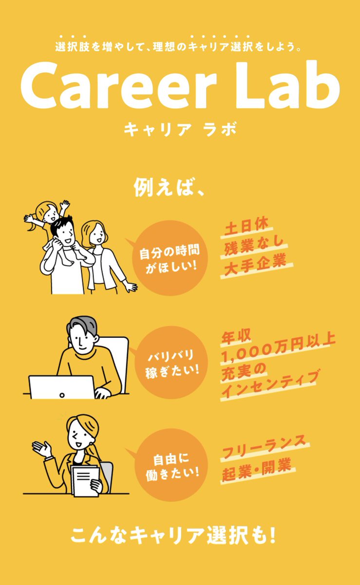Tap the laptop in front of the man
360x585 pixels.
[x=61, y=387]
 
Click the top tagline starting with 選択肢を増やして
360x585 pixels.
[x=180, y=48]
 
